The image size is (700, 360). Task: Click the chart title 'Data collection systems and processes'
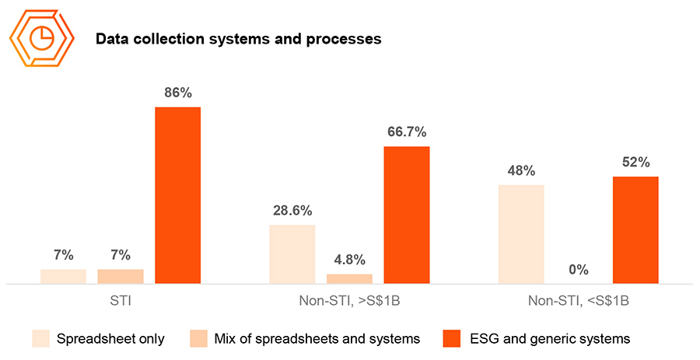tap(238, 39)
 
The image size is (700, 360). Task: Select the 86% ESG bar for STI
tap(178, 195)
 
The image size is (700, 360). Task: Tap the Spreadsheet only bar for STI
tap(63, 276)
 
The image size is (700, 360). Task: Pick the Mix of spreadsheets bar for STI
tap(121, 276)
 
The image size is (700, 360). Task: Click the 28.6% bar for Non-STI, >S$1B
tap(292, 254)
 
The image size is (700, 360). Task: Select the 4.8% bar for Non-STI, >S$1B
tap(349, 278)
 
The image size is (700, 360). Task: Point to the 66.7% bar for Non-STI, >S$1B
tap(407, 215)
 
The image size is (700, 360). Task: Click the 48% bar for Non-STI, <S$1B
tap(520, 234)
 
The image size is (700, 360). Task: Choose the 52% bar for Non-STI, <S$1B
tap(635, 230)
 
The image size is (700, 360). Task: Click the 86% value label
tap(178, 93)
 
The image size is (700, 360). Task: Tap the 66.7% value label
tap(407, 131)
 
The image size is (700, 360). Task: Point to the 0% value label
tap(578, 270)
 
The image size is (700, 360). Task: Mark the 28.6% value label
tap(292, 210)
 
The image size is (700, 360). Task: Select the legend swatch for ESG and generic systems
tap(452, 338)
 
